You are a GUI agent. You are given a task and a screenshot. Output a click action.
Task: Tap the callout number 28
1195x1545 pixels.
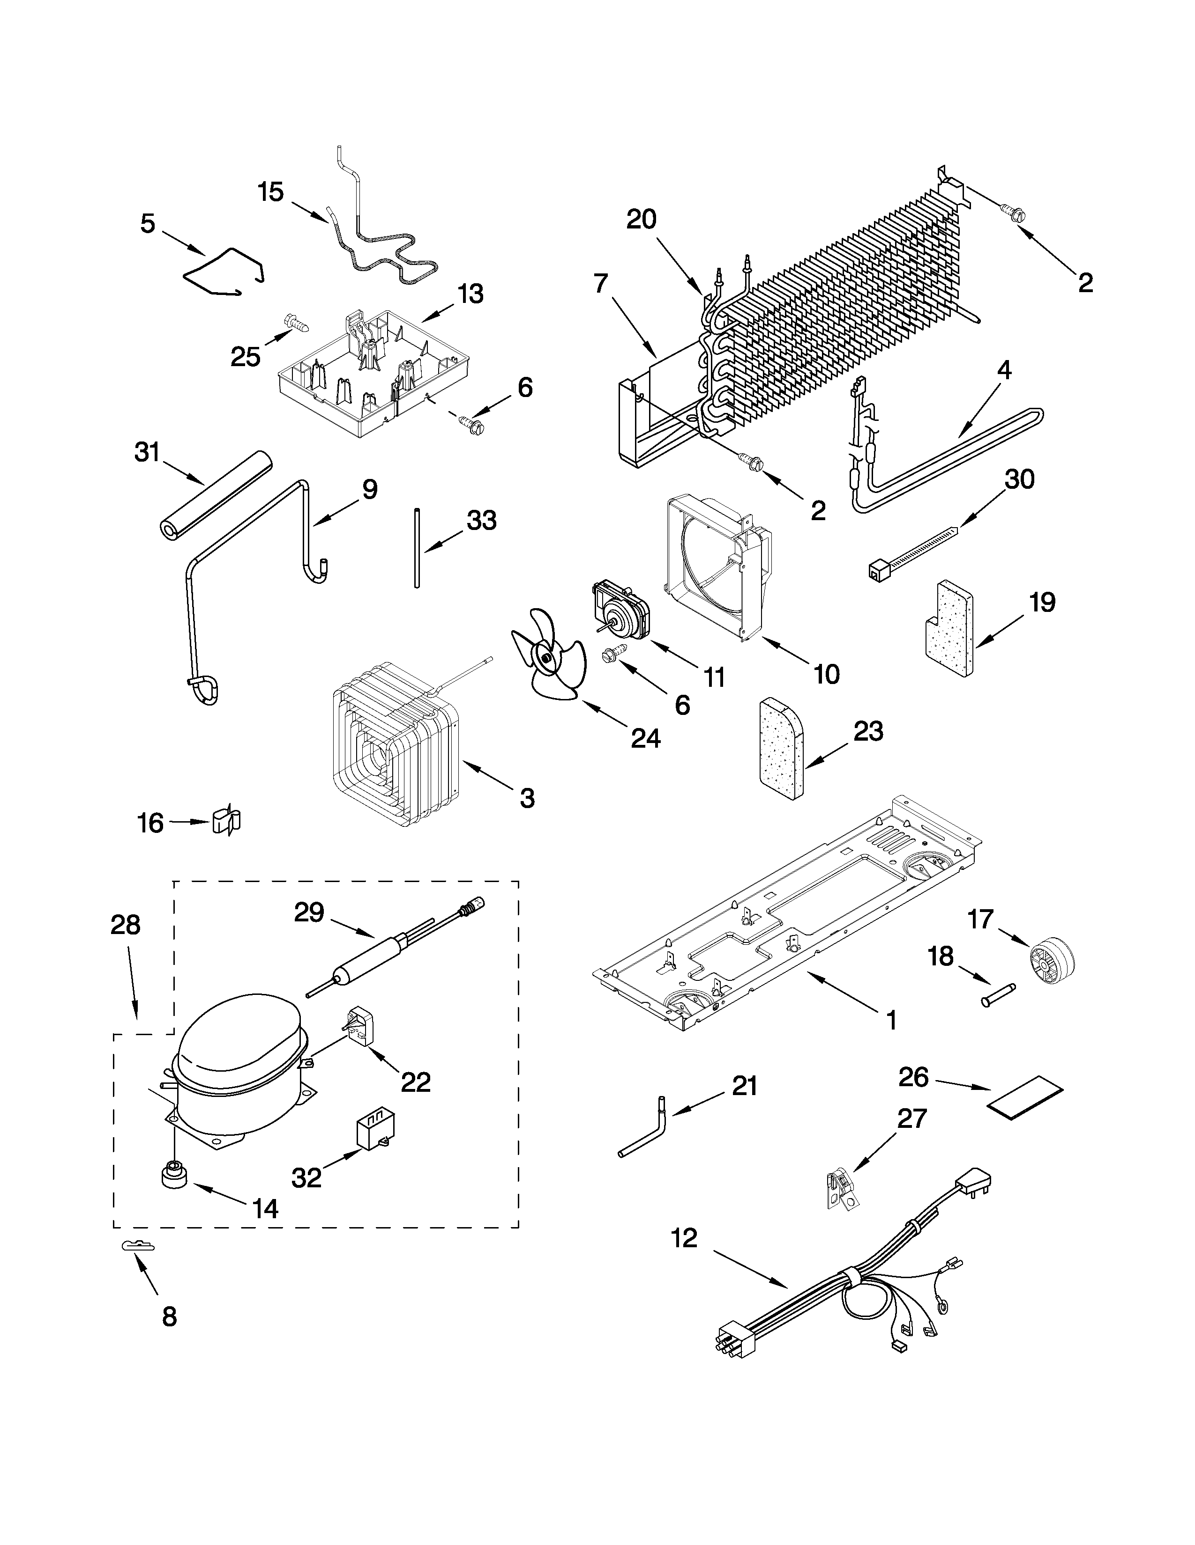pos(125,925)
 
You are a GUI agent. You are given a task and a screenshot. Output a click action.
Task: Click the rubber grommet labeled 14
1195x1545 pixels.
pos(172,1177)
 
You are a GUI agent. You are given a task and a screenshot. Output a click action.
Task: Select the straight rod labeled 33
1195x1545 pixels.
pos(417,547)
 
